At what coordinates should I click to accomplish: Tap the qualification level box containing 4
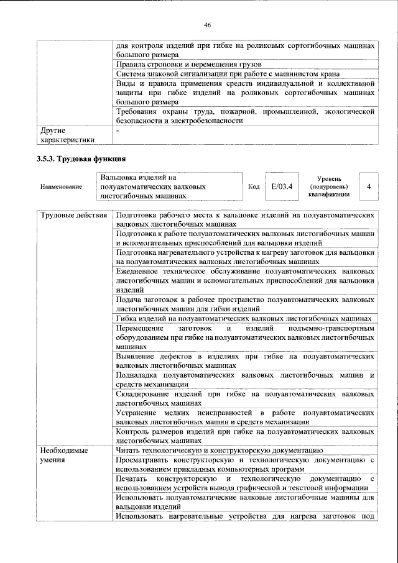point(370,186)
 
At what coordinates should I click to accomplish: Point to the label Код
point(253,186)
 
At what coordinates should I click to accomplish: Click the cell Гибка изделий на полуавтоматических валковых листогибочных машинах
point(244,318)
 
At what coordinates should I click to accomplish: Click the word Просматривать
point(146,459)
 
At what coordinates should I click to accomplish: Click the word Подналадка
point(137,375)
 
